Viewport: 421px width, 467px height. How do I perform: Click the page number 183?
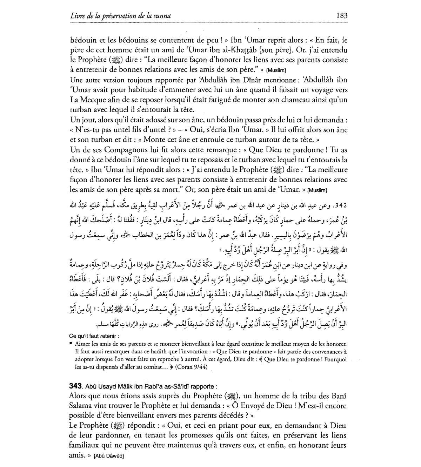(341, 16)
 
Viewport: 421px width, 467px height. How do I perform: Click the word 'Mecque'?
(92, 100)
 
